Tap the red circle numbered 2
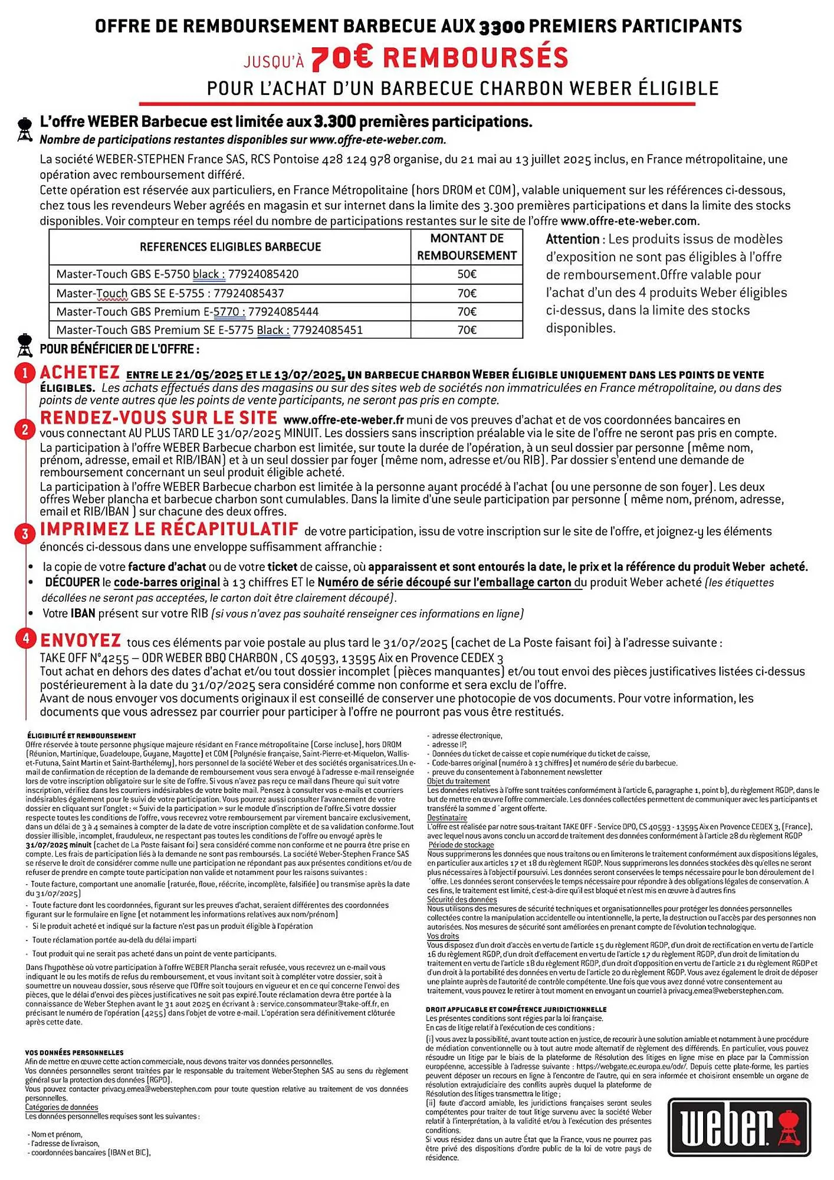coord(25,430)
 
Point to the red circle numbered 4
coord(25,640)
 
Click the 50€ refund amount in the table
coord(467,274)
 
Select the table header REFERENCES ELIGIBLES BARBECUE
coord(230,247)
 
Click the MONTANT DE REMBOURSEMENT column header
coord(467,247)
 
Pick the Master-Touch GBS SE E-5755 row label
coord(170,293)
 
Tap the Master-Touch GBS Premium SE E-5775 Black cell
coord(209,330)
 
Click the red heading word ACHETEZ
coord(80,373)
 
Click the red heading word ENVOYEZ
coord(80,641)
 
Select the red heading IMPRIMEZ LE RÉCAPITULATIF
coord(169,529)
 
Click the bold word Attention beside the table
coord(572,240)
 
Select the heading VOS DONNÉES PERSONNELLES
coord(74,1053)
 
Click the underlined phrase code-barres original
coord(167,583)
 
